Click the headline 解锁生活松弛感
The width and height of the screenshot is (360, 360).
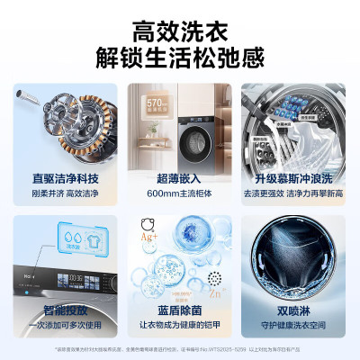180,58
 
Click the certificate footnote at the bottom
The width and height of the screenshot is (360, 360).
180,348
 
